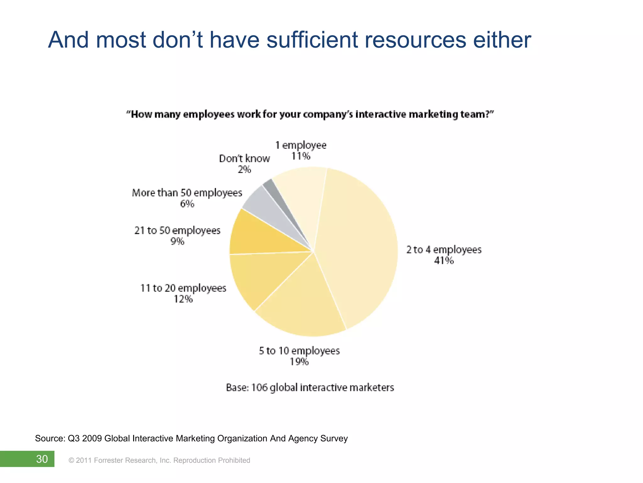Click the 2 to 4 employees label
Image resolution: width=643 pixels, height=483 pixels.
(x=444, y=250)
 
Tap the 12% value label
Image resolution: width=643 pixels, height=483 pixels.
(x=183, y=299)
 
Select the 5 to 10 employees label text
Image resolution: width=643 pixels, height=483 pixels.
(x=299, y=351)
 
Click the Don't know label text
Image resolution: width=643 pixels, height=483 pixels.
(x=244, y=158)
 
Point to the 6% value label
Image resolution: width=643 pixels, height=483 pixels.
(x=187, y=204)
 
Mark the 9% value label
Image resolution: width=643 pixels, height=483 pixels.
(x=177, y=241)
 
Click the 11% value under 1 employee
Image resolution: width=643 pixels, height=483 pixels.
(x=300, y=156)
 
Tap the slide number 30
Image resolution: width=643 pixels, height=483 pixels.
(x=42, y=459)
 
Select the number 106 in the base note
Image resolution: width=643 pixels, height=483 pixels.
(x=259, y=387)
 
